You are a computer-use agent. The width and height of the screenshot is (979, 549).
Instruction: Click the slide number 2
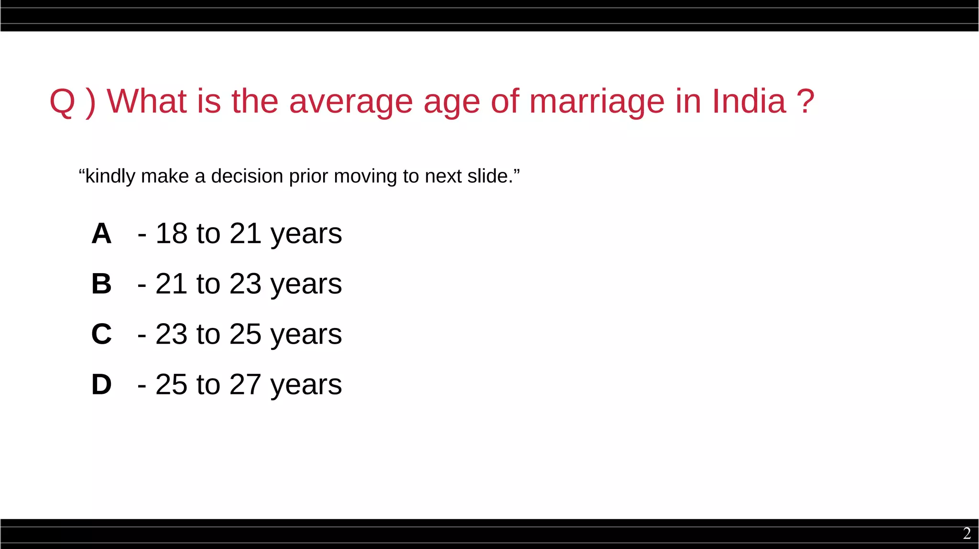(967, 533)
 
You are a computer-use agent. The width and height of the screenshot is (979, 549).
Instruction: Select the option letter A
(101, 234)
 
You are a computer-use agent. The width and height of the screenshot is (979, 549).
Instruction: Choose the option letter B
(101, 284)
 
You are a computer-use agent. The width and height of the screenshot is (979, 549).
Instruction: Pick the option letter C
(101, 334)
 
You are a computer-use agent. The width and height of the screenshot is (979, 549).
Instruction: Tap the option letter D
(101, 384)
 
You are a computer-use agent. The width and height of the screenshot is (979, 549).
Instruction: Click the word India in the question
(749, 101)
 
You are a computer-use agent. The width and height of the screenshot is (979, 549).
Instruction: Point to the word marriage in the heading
(597, 102)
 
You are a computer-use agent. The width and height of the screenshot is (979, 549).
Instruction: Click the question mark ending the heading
(805, 101)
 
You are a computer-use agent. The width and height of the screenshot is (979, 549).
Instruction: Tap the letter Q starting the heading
(63, 102)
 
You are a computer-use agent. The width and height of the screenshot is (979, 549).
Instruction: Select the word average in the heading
(351, 102)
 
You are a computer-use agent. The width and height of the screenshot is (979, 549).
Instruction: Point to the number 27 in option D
(245, 384)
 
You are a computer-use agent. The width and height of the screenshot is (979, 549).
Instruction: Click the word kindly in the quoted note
(110, 177)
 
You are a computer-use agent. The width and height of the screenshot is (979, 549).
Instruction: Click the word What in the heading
(146, 101)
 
